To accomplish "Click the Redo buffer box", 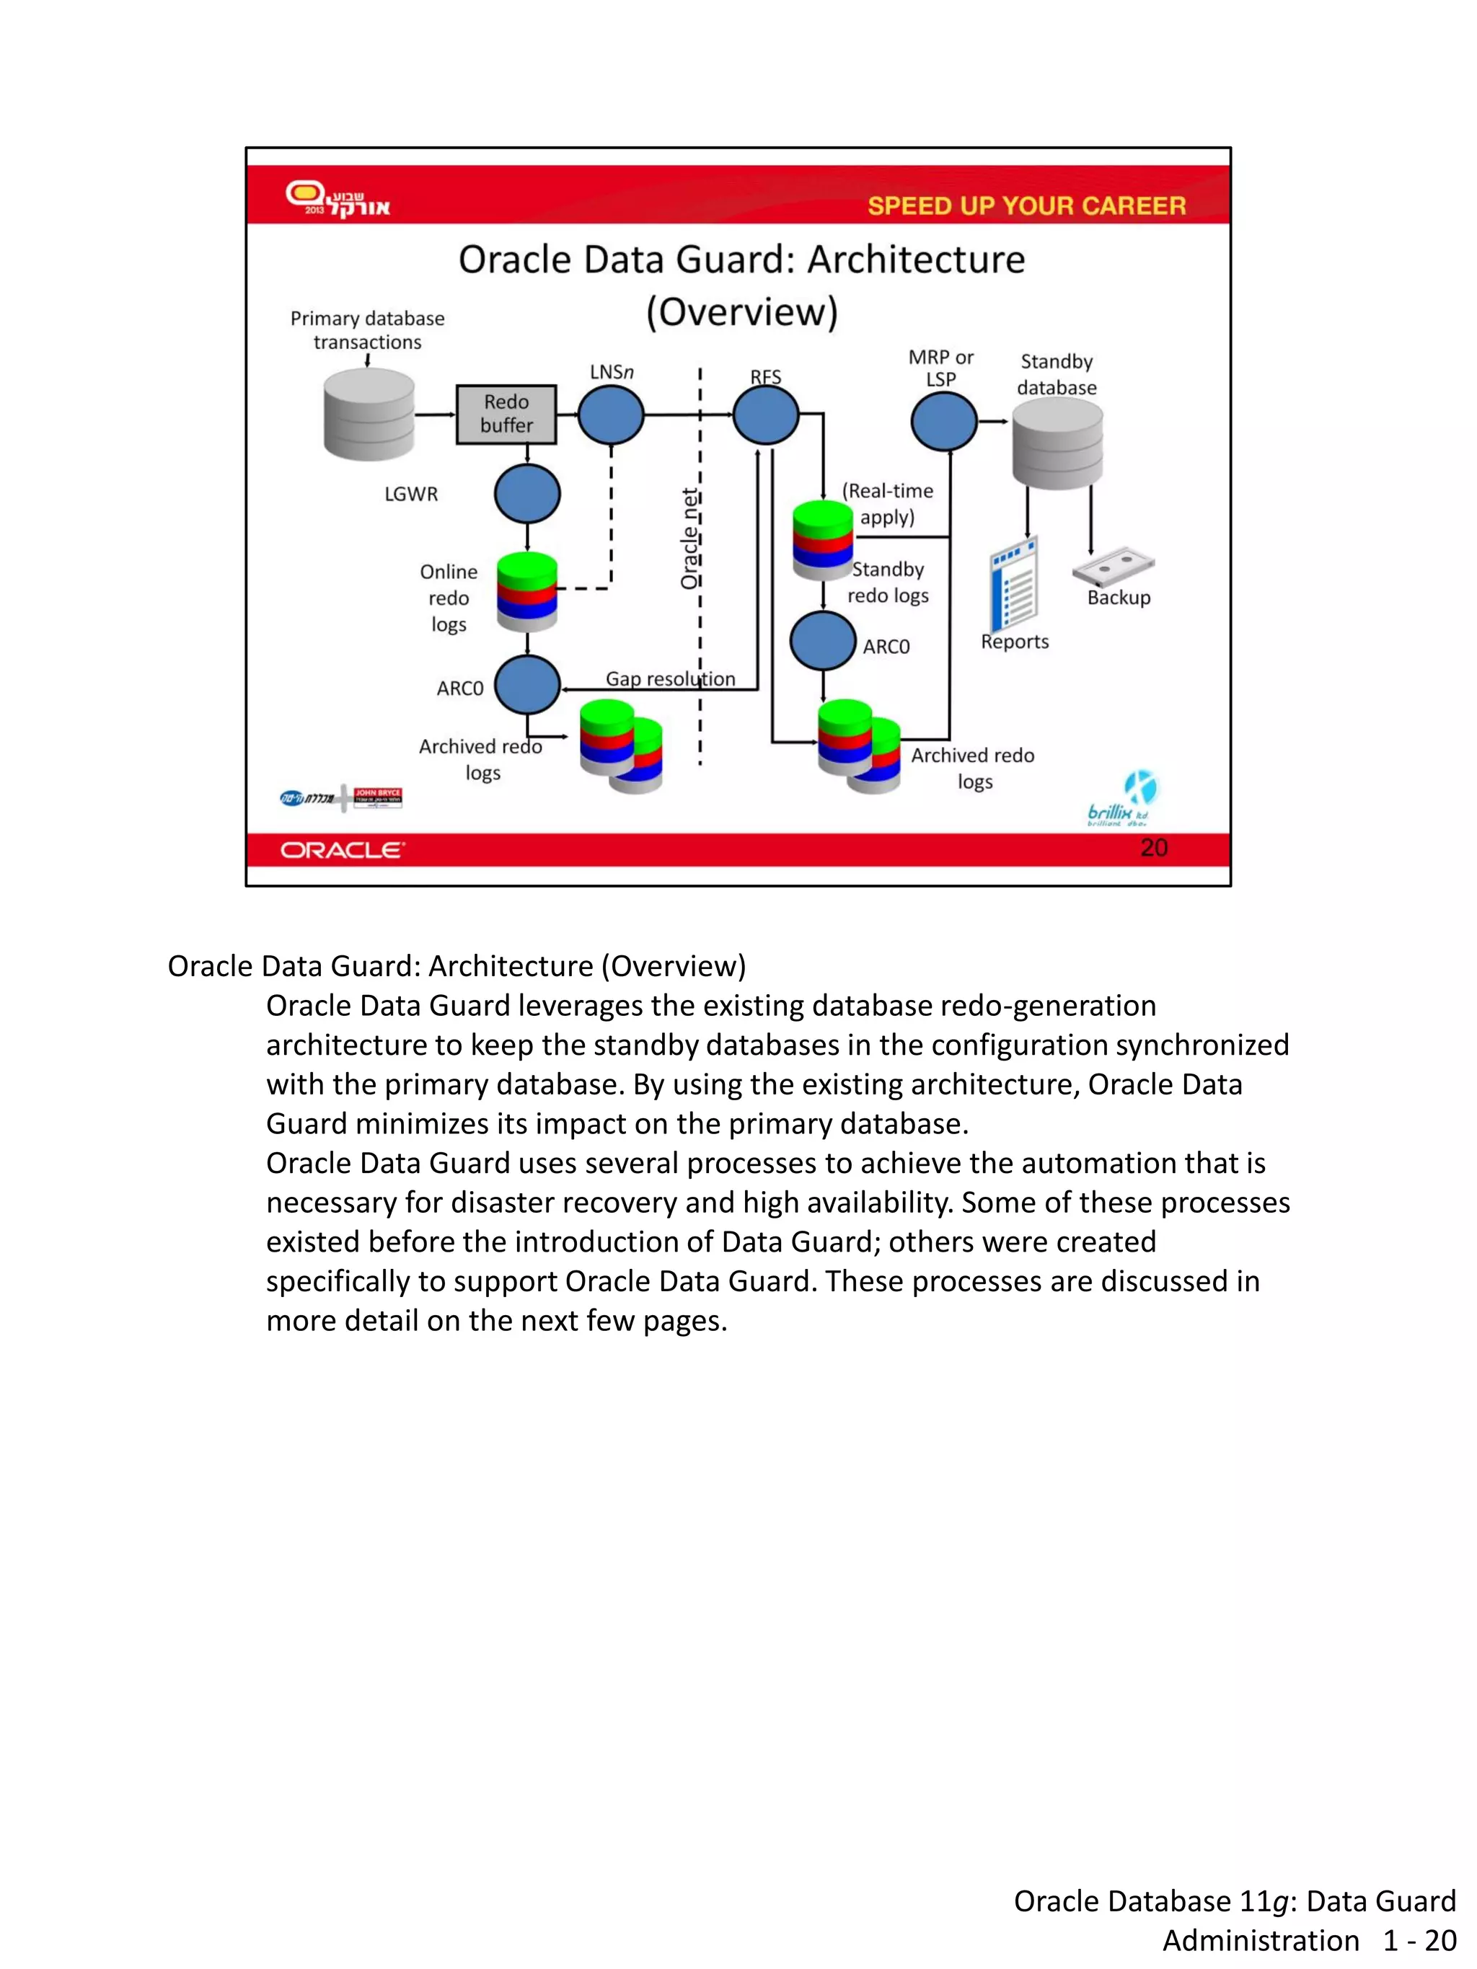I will [x=506, y=414].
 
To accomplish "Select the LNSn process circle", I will [x=611, y=415].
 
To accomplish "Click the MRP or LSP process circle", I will [x=944, y=421].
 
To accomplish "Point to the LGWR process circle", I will [x=527, y=493].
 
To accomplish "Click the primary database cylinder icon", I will [x=369, y=415].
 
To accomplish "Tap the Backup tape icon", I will [x=1113, y=565].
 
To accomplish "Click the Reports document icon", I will [x=1014, y=583].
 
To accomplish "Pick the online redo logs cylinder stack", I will [x=527, y=591].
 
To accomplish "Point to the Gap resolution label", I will [x=671, y=678].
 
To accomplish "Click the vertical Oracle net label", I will [x=689, y=539].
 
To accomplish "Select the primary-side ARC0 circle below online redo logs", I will [x=527, y=684].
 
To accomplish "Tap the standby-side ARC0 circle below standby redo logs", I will [x=823, y=641].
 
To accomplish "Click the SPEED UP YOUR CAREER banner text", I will [x=1026, y=205].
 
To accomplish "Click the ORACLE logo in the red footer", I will [x=343, y=850].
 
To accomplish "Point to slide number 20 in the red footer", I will [x=1153, y=847].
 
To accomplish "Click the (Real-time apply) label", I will [x=888, y=504].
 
